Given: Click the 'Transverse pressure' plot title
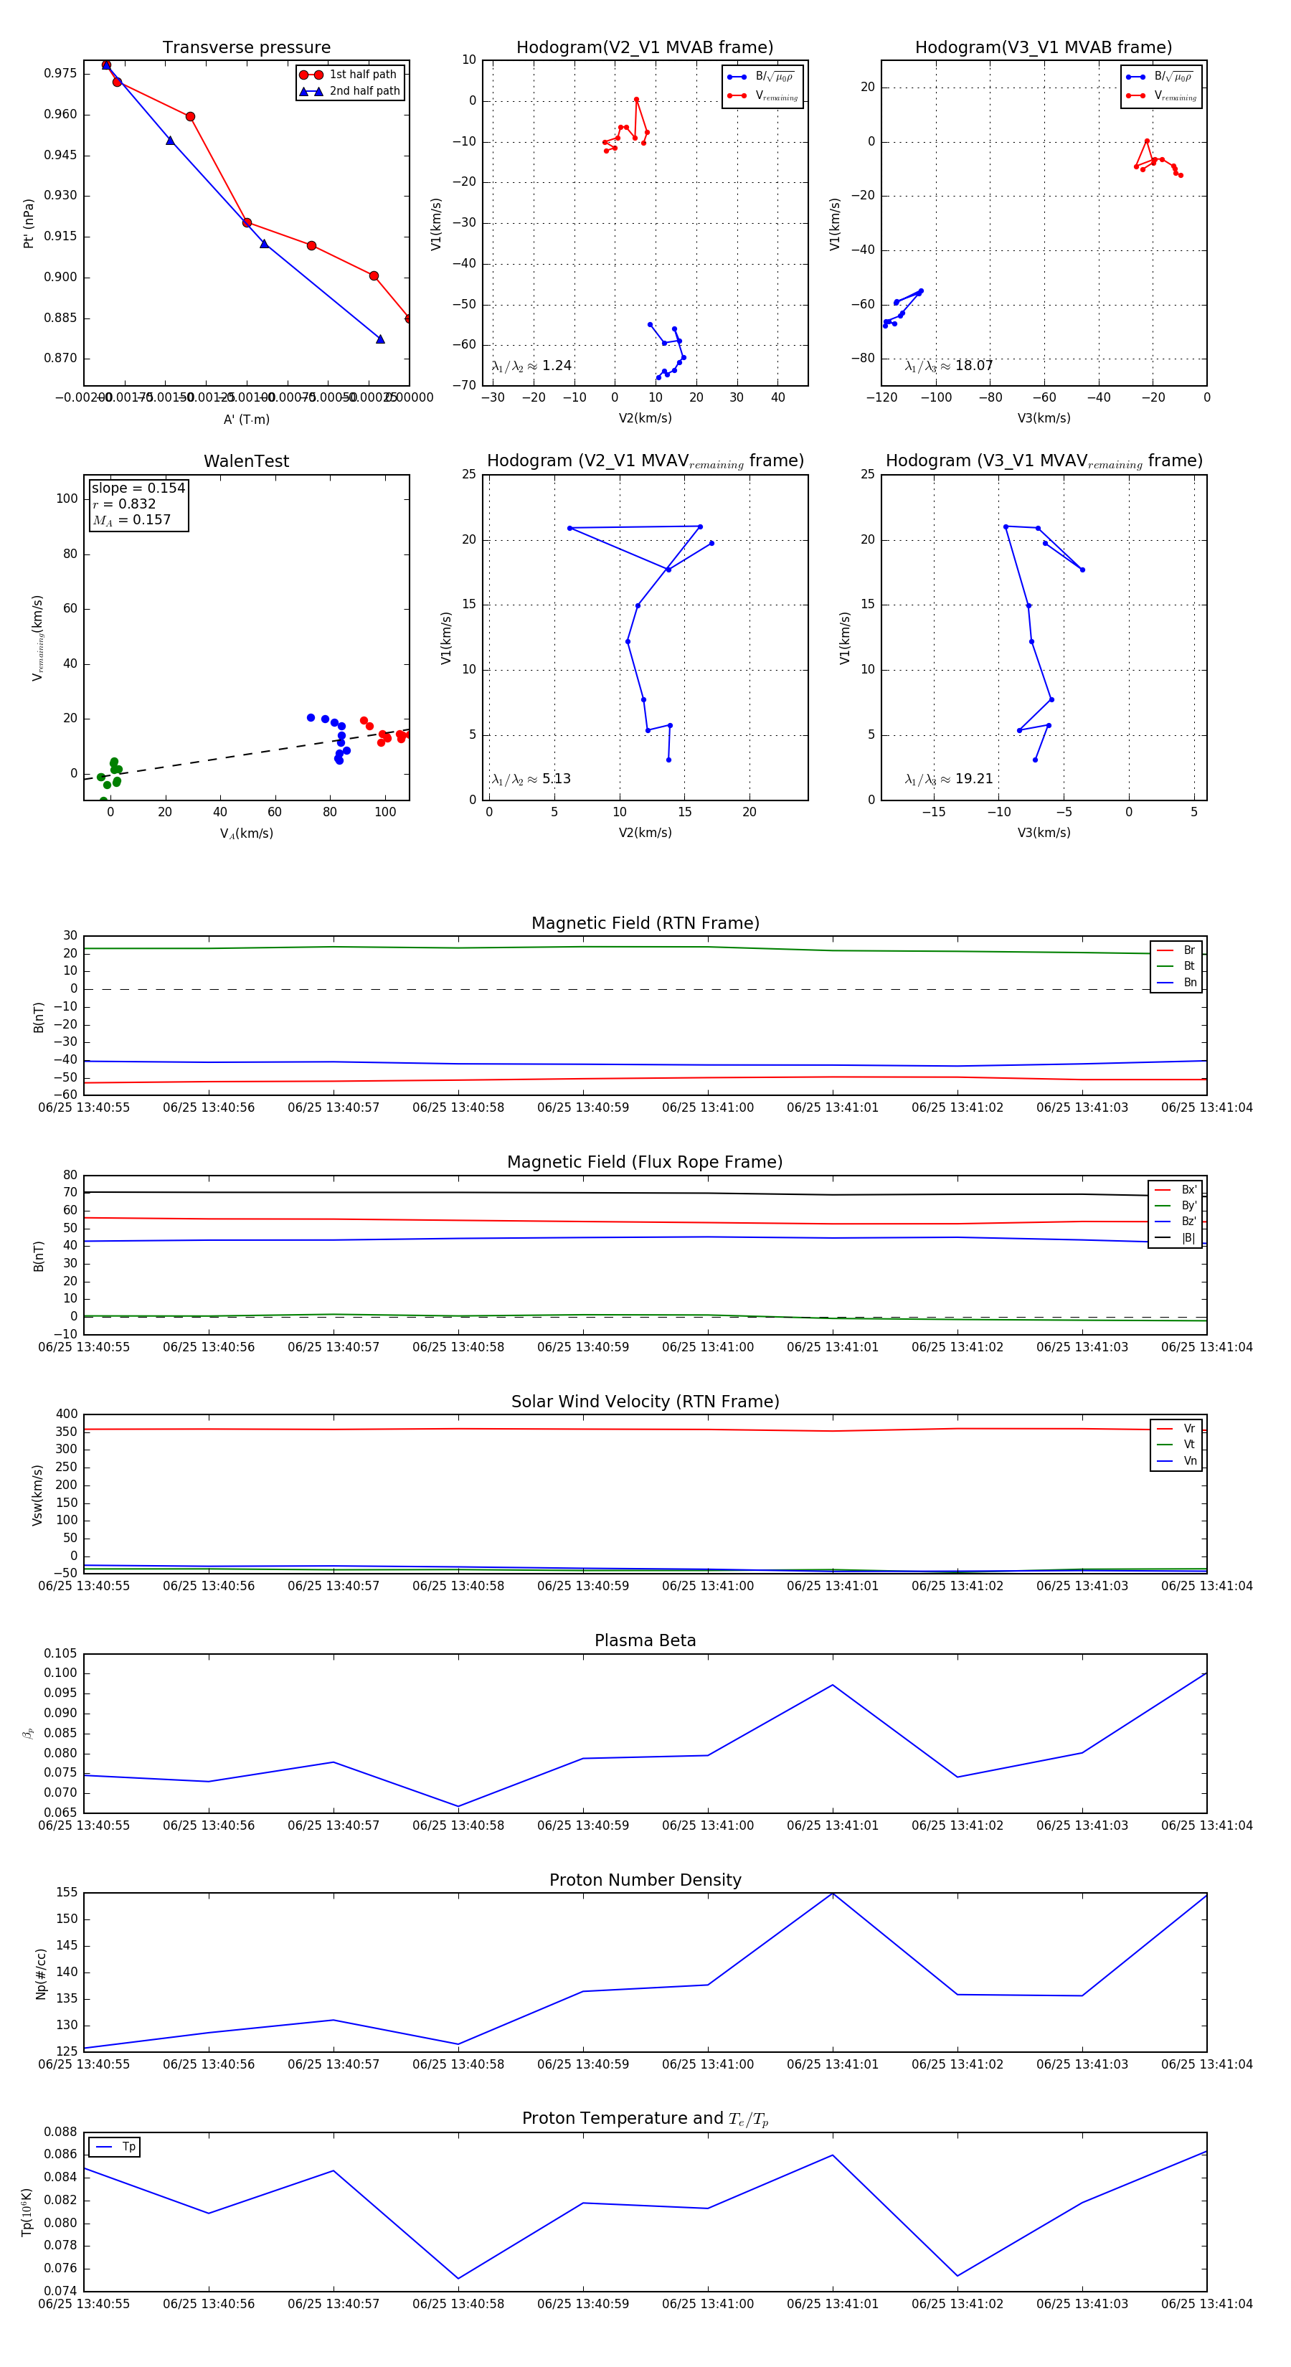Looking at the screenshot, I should coord(246,48).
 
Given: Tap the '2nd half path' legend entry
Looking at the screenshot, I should coord(364,91).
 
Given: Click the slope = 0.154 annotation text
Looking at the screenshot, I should coord(138,488).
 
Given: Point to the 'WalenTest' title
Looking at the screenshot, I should coord(246,461).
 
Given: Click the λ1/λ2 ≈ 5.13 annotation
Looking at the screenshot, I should coord(531,779).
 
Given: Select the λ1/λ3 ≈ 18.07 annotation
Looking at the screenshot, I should coord(948,366).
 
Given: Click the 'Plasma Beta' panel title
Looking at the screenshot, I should coord(645,1640).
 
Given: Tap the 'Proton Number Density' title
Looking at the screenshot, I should coord(645,1880).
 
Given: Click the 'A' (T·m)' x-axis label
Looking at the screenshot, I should coord(246,419).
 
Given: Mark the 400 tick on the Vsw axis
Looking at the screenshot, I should coord(66,1414).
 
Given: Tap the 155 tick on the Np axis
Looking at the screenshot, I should coord(66,1893).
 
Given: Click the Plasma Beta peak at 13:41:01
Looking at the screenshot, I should coord(833,1684).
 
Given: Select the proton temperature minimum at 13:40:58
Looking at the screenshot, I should coord(458,2279).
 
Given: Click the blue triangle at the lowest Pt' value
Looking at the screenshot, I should coord(380,339).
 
